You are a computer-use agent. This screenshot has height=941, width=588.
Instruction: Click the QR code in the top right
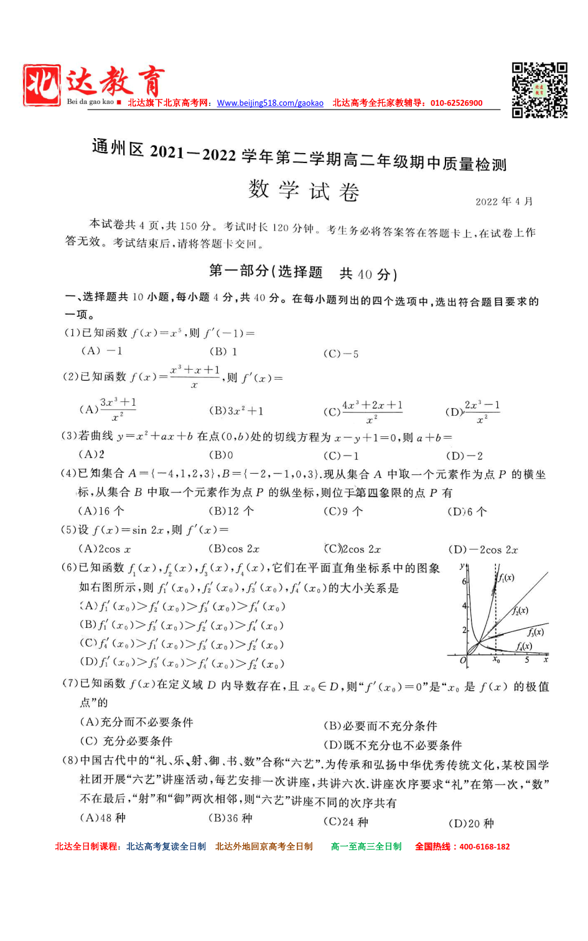click(x=539, y=90)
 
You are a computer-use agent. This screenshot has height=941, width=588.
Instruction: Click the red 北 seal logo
click(x=42, y=85)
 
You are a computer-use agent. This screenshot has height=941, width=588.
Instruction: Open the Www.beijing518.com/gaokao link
click(x=270, y=103)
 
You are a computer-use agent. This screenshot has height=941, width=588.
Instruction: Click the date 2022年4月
click(x=504, y=202)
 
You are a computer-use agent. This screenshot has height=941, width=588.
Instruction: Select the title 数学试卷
click(x=304, y=190)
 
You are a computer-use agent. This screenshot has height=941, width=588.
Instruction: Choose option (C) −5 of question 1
click(x=341, y=354)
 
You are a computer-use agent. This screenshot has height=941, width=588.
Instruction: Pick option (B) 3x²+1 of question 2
click(x=236, y=411)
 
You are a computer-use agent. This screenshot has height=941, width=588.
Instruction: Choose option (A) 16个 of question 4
click(x=101, y=511)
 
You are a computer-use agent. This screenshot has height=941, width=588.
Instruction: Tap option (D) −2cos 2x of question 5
click(x=483, y=550)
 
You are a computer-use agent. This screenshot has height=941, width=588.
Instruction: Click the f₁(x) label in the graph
click(x=506, y=578)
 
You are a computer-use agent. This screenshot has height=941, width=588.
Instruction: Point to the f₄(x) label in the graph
click(x=524, y=647)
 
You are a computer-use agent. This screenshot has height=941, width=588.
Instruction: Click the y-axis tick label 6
click(x=464, y=581)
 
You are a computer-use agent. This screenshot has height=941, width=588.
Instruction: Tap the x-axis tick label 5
click(x=527, y=660)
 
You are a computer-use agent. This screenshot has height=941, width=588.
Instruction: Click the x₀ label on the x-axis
click(x=496, y=660)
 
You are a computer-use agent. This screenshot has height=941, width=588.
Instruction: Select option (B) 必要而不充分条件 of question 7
click(x=380, y=726)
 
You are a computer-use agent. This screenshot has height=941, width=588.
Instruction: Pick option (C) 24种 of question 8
click(x=346, y=822)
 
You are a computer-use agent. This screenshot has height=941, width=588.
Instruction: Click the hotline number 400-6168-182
click(x=484, y=846)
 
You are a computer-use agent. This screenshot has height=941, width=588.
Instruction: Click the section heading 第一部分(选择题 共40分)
click(x=303, y=272)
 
